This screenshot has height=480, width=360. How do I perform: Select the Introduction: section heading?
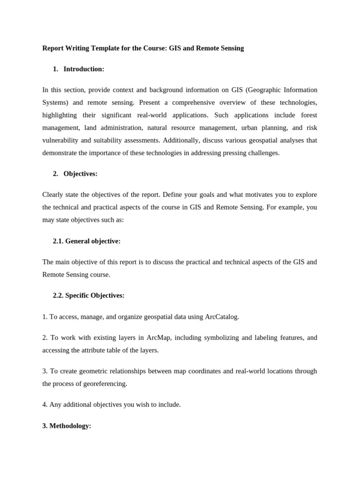coord(83,69)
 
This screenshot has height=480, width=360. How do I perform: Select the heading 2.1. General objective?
coord(87,241)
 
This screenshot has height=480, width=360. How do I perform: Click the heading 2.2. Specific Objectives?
coord(89,295)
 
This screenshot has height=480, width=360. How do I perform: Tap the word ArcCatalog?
coord(222,317)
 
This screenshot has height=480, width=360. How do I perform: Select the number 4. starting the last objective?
coord(45,405)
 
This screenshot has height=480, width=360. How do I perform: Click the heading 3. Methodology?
coord(67,426)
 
